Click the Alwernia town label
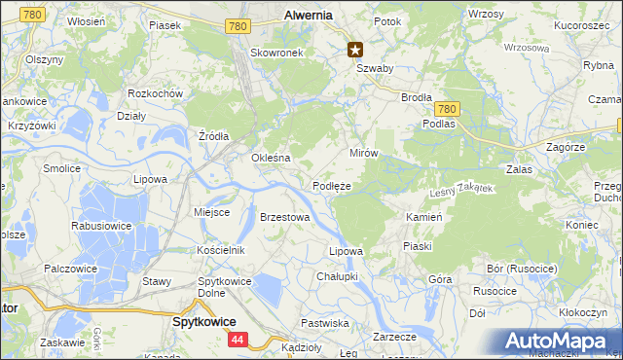[x=308, y=15]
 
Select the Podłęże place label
[x=332, y=185]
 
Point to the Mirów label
[x=363, y=154]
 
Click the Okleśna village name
[x=272, y=158]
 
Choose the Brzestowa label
[x=284, y=217]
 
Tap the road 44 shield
[x=238, y=340]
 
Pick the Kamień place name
[x=424, y=217]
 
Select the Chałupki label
[x=338, y=276]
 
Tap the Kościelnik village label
[x=220, y=250]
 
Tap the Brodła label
[x=417, y=97]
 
